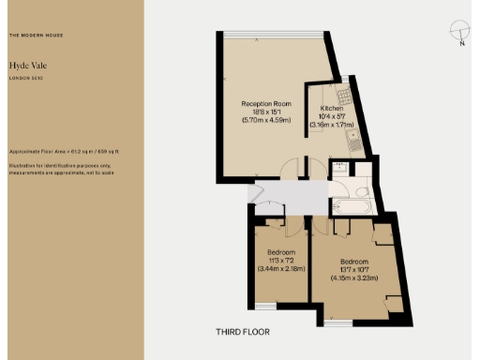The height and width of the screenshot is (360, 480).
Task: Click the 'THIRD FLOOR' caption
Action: (x=242, y=332)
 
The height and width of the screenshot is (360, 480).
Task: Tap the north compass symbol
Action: (x=458, y=33)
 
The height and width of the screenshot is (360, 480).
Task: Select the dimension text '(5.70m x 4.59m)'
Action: (x=263, y=119)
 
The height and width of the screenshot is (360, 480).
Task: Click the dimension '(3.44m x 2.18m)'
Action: (x=281, y=270)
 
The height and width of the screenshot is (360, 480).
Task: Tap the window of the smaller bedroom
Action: (x=265, y=306)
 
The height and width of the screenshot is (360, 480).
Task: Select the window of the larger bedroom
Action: (x=338, y=324)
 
